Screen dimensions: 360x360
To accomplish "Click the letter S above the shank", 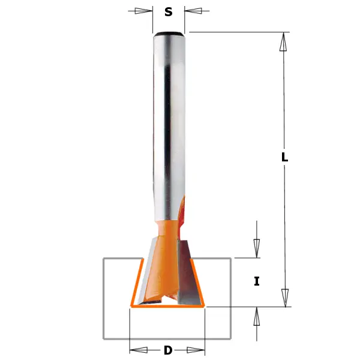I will coord(169,11).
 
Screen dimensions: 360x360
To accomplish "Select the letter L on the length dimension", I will coord(284,157).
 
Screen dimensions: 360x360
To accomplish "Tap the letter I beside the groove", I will coord(257,281).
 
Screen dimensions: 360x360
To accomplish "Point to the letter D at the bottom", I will coord(168,350).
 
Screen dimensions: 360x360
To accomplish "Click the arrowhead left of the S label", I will coord(143,11).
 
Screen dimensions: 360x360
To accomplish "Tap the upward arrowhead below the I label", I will coord(257,316).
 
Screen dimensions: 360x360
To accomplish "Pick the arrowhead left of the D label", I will coord(139,350).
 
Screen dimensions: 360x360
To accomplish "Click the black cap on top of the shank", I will coord(169,33).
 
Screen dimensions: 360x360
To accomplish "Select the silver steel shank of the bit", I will coord(169,120).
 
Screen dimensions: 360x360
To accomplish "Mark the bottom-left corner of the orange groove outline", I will coord(131,307).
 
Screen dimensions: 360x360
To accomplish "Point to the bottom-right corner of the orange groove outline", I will coord(205,307).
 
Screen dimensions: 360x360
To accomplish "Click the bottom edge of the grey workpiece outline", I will coord(167,338).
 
